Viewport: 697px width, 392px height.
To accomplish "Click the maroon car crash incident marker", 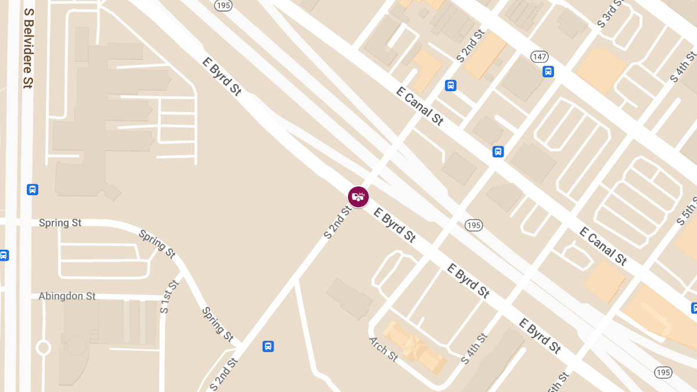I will point(358,196).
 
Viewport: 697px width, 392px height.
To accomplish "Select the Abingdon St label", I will point(67,296).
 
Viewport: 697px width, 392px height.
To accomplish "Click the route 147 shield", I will point(540,56).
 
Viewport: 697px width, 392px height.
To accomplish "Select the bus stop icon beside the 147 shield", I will point(548,71).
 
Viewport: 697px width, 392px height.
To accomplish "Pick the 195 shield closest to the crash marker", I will point(474,225).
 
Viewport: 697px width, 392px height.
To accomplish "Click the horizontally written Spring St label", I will point(60,223).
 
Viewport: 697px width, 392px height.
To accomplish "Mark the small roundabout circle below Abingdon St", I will point(43,348).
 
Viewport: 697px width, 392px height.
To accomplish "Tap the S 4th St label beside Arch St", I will point(473,348).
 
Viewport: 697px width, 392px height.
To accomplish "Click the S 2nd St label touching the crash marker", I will point(338,222).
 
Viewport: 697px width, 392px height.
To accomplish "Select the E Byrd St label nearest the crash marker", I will point(395,225).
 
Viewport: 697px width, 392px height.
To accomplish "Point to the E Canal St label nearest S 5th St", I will point(603,246).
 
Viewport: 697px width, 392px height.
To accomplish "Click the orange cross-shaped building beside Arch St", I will point(414,346).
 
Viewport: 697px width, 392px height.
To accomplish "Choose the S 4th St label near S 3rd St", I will point(683,66).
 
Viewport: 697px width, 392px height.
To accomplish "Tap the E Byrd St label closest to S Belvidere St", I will point(221,76).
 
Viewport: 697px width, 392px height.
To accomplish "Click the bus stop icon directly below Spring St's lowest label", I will point(268,346).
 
